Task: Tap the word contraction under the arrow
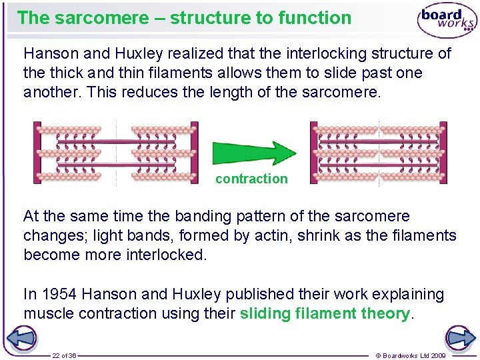(x=251, y=179)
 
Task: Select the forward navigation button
(x=460, y=338)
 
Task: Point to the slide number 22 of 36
(x=65, y=355)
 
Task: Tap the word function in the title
(x=315, y=17)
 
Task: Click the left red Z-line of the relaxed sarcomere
(x=37, y=153)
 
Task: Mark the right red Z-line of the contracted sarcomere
(x=443, y=153)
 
